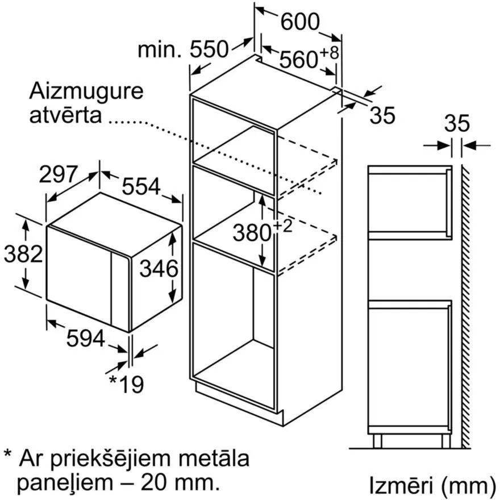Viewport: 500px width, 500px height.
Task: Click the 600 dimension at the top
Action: click(x=300, y=22)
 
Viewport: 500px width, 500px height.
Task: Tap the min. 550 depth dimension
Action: click(x=184, y=49)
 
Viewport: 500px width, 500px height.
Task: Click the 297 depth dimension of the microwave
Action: click(x=59, y=174)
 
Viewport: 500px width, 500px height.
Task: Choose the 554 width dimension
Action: click(x=141, y=186)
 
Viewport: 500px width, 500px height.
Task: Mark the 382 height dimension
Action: click(x=23, y=254)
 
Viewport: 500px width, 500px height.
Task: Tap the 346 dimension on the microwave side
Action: click(x=159, y=268)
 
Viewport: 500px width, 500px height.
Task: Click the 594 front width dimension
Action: click(x=85, y=338)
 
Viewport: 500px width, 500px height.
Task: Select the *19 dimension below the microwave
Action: click(x=126, y=384)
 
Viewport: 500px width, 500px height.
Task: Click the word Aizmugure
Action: click(x=86, y=93)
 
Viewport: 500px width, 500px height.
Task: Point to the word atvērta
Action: click(x=65, y=115)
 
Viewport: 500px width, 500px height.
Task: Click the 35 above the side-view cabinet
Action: click(x=457, y=123)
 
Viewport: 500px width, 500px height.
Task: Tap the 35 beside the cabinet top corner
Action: click(x=382, y=115)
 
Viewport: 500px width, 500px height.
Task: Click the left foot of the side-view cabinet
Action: click(x=377, y=441)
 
